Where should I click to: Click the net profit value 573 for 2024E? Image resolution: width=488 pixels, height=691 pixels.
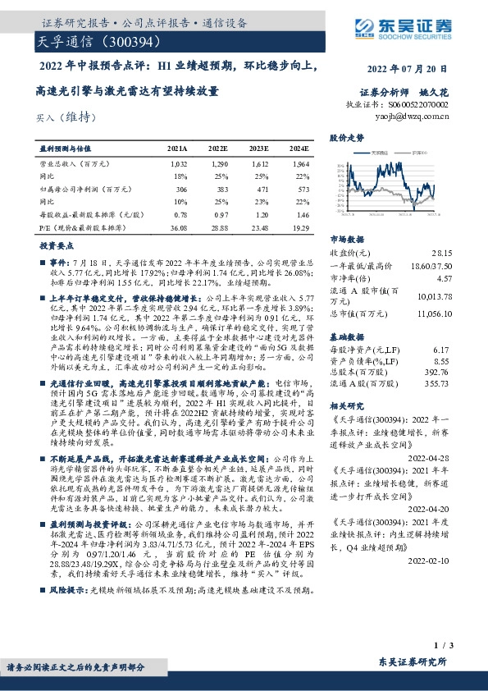tap(300, 190)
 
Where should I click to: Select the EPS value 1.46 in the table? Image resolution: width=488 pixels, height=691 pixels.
tap(299, 213)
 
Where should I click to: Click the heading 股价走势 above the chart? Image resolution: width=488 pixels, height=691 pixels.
tap(346, 138)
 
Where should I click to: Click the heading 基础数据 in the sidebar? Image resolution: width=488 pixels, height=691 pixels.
tap(346, 336)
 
